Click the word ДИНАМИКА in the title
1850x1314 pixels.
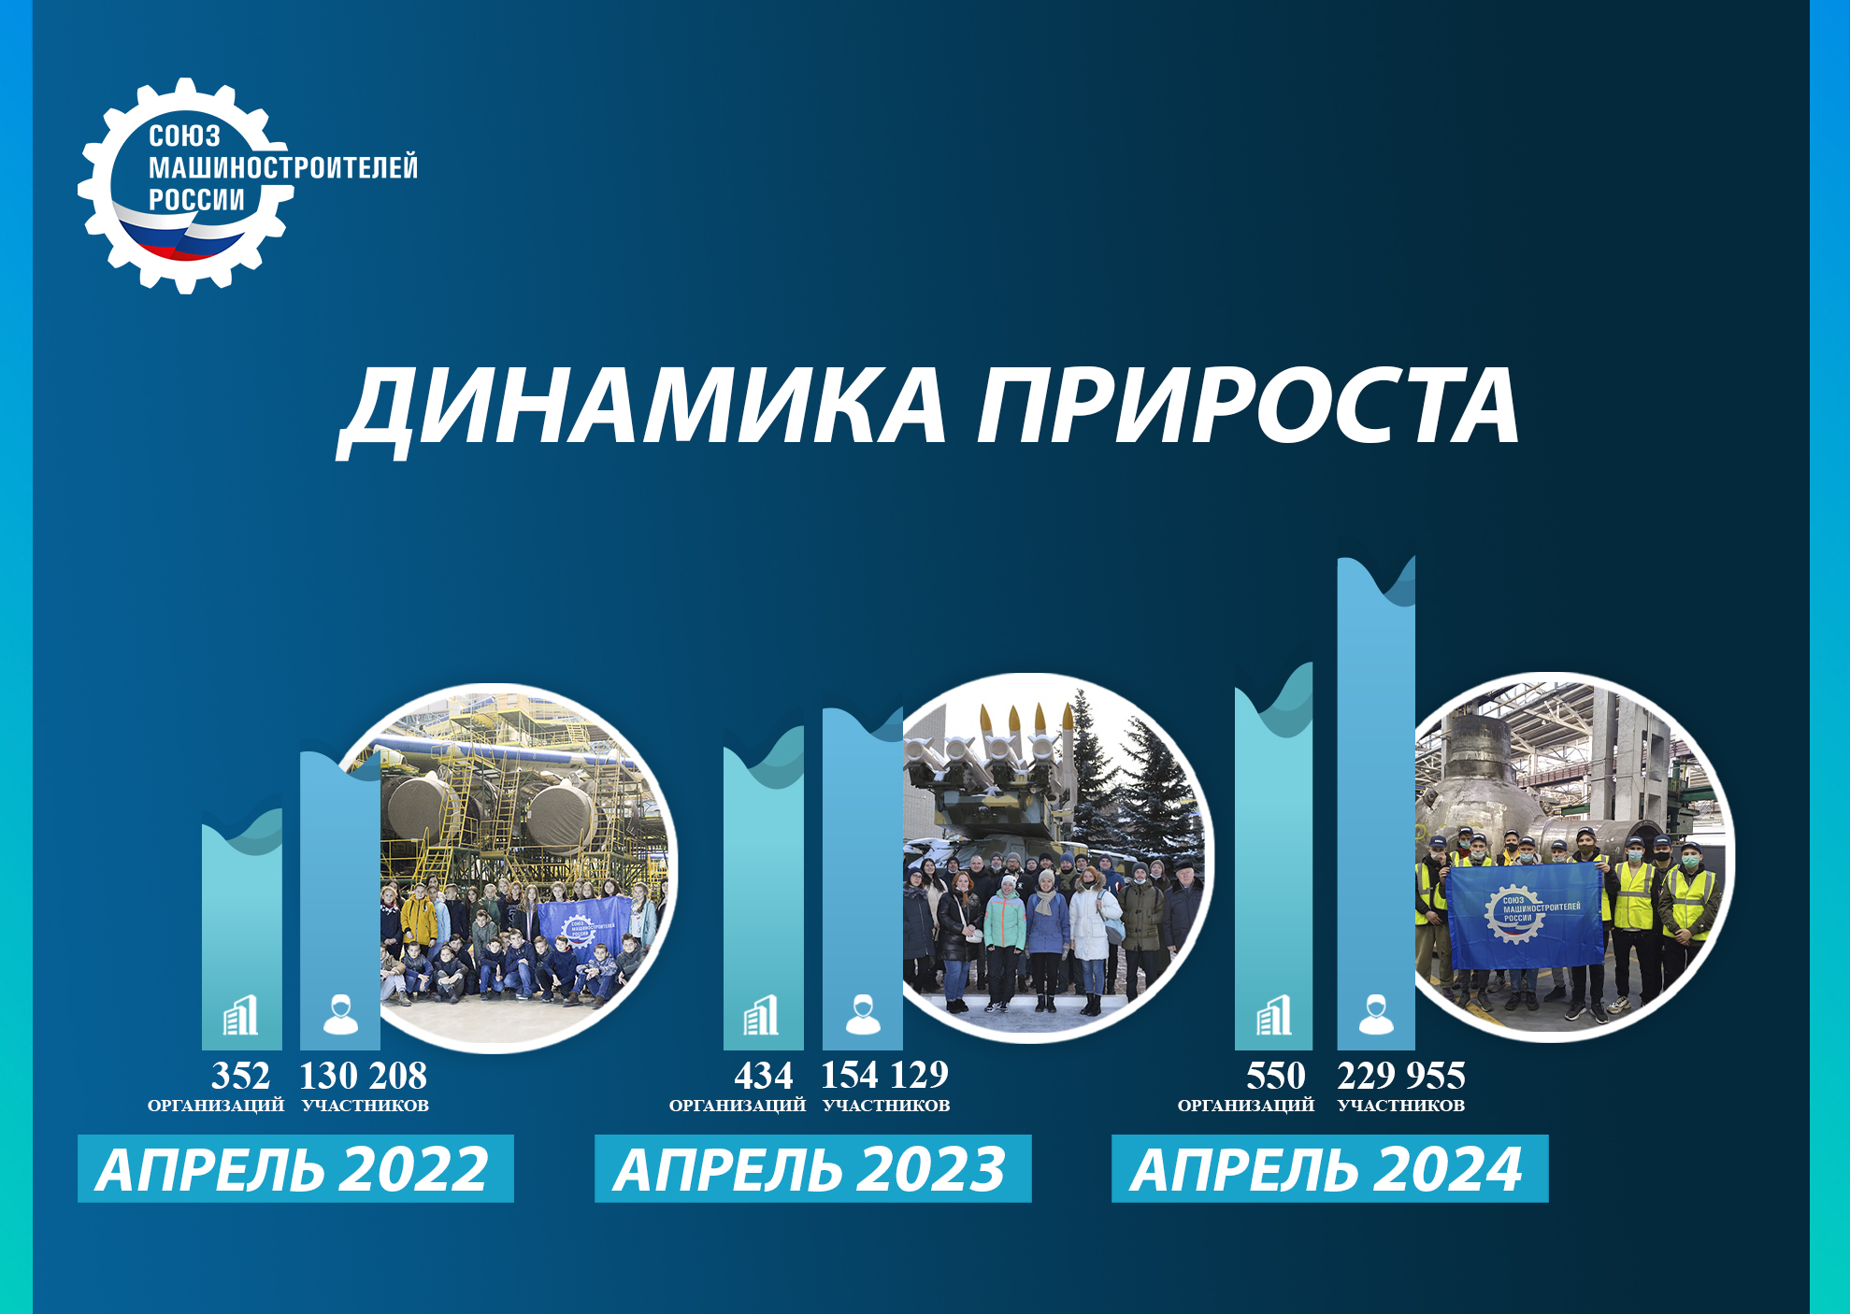(x=642, y=407)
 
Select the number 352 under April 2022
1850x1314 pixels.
(x=240, y=1076)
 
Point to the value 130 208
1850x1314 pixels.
(x=363, y=1076)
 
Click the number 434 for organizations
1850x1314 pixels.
(x=763, y=1076)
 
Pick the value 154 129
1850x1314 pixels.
(x=884, y=1076)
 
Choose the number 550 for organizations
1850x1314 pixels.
(x=1275, y=1076)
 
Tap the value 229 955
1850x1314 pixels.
(x=1401, y=1076)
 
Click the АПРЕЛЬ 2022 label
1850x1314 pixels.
(x=295, y=1168)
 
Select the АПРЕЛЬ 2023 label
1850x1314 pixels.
(x=812, y=1168)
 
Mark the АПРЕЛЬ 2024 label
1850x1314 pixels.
(x=1329, y=1168)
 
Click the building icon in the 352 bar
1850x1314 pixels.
(x=241, y=1015)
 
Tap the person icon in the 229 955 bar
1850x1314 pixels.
(x=1375, y=1015)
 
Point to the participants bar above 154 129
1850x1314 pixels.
(x=863, y=878)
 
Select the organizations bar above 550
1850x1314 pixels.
(x=1273, y=856)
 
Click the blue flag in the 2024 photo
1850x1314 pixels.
(x=1524, y=917)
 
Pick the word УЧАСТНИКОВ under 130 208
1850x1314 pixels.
(x=366, y=1106)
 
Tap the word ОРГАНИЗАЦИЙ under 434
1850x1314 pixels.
(x=738, y=1106)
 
